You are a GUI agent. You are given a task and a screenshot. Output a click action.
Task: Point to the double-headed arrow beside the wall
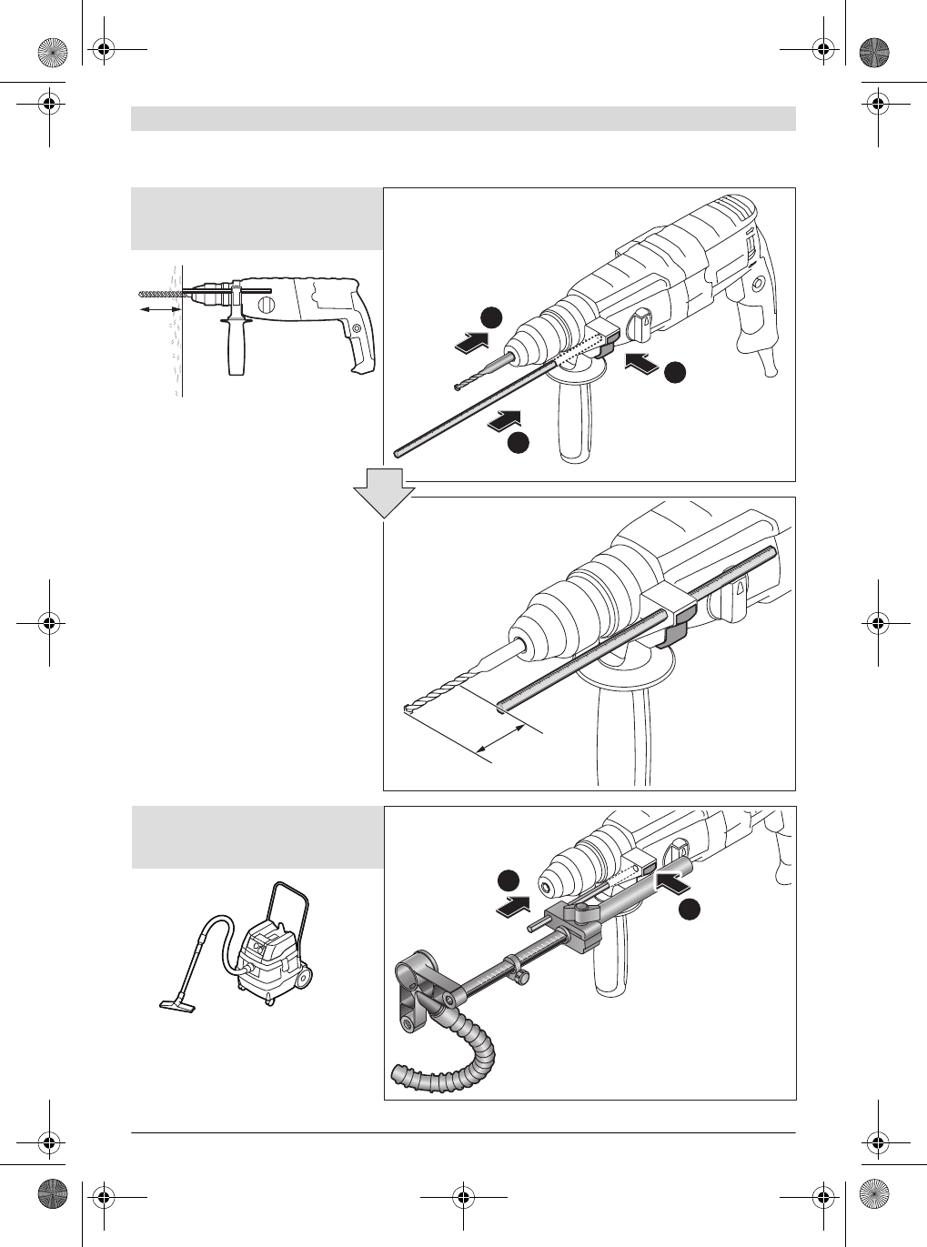click(x=160, y=310)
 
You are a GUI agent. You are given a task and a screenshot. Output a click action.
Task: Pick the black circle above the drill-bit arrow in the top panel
click(x=491, y=317)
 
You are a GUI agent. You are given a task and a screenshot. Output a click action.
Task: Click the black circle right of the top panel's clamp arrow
click(x=674, y=372)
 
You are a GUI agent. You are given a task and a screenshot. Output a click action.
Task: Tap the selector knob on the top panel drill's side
click(x=639, y=321)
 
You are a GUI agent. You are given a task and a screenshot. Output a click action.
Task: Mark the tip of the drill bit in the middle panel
click(x=406, y=708)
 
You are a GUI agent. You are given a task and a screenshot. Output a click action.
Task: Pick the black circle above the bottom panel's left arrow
click(x=508, y=880)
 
